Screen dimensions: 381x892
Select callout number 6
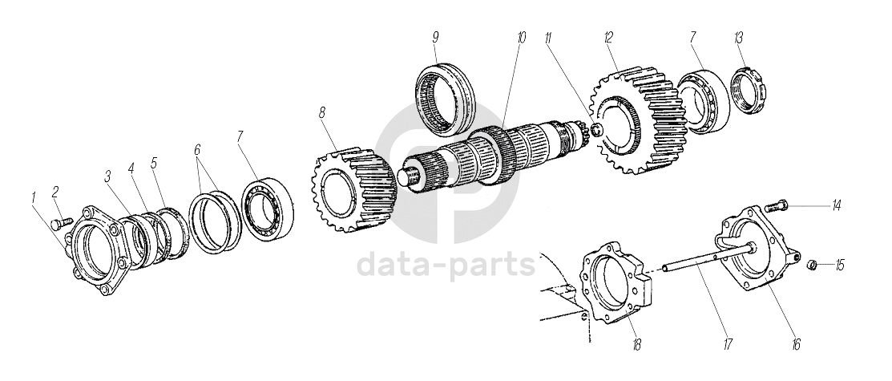point(197,150)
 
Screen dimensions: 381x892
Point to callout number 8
point(322,112)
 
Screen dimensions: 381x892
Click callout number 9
point(435,38)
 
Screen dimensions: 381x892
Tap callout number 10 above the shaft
point(522,38)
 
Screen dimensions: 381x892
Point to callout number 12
point(609,38)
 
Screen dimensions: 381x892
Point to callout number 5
point(154,162)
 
